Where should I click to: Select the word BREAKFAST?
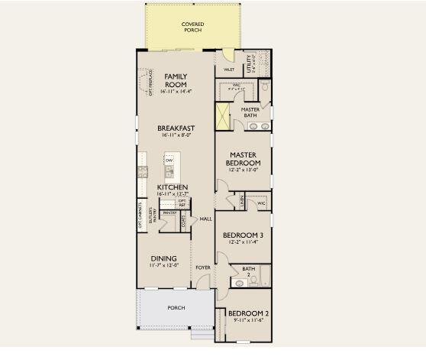176,128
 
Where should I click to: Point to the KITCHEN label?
173,187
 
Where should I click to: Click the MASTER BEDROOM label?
244,158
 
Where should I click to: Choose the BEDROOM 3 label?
244,235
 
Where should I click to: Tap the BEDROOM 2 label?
247,314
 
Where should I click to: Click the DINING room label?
164,258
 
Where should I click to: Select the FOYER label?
202,268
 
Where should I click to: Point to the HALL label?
205,219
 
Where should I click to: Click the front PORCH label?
176,308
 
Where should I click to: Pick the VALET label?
228,70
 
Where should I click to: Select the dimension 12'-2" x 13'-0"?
244,170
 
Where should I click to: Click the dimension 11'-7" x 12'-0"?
164,266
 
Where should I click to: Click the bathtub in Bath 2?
262,277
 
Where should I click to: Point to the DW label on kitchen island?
169,161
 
